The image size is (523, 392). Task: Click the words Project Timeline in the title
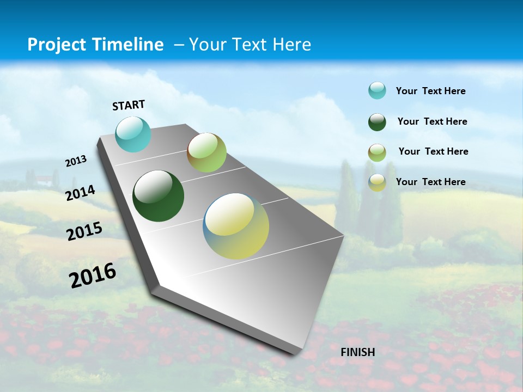point(95,45)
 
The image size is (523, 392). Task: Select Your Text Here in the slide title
point(250,45)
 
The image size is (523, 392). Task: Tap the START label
point(129,105)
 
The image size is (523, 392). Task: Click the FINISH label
point(357,352)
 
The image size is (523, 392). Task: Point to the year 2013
point(76,161)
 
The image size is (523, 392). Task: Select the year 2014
point(81,193)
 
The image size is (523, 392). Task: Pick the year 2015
point(84,231)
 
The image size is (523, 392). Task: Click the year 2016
point(93,275)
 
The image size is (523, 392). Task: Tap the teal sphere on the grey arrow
point(133,134)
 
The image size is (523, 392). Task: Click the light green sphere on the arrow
point(206,152)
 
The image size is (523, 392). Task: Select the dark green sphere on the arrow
point(158,196)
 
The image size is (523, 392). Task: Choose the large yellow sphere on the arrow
point(236,226)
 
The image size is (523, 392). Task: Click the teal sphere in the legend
point(377,90)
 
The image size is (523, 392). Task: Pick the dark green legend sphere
point(377,122)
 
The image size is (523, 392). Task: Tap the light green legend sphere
point(377,152)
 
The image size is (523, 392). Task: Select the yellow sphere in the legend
point(377,182)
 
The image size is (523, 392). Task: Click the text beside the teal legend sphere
point(430,91)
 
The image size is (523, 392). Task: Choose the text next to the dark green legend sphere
point(432,121)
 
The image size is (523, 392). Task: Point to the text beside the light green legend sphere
point(433,151)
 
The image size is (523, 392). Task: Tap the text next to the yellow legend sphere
point(430,182)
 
